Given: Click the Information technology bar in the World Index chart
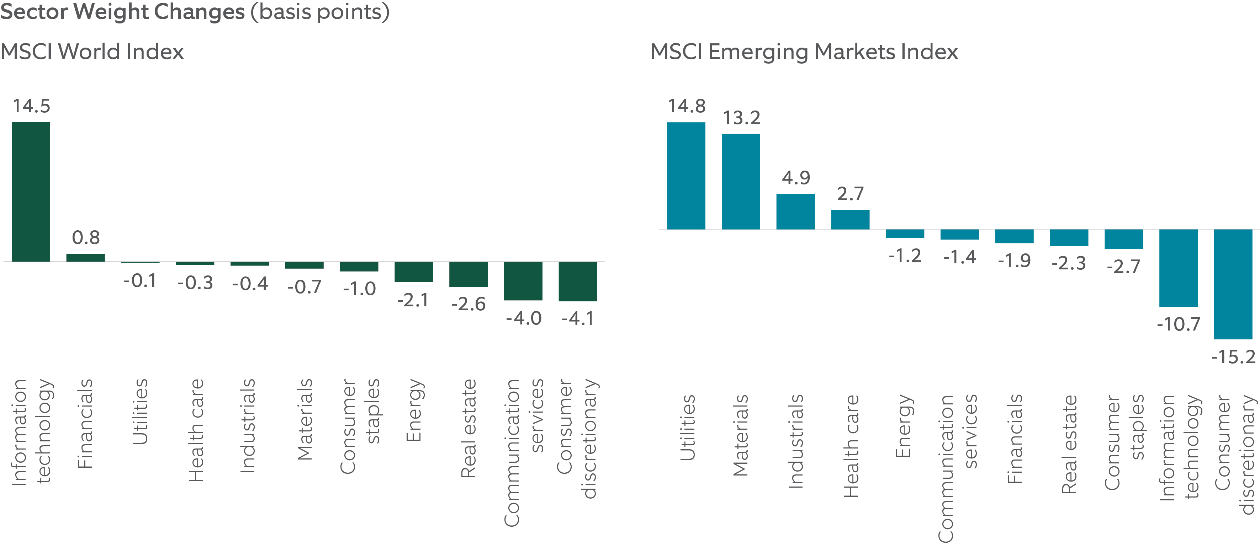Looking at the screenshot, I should point(31,192).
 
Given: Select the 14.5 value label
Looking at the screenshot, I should point(31,106).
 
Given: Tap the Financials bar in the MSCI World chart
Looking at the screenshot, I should point(86,258).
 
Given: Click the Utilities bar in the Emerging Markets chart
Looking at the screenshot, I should point(686,176).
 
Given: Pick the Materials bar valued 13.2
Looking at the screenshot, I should point(741,181).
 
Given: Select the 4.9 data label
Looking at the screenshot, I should point(796,177).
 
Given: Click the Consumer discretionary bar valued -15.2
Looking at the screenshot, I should point(1233,284).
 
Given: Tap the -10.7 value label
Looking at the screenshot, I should point(1178,324).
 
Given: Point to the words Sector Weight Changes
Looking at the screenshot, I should point(122,12).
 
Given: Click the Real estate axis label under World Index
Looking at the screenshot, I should point(468,428).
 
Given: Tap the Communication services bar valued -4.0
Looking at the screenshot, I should point(523,281).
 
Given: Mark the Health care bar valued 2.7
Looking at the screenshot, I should point(850,220).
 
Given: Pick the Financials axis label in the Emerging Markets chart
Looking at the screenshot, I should point(1015,439).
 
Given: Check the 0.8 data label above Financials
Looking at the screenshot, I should point(86,238).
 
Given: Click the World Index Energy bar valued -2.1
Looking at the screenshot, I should point(413,272).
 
